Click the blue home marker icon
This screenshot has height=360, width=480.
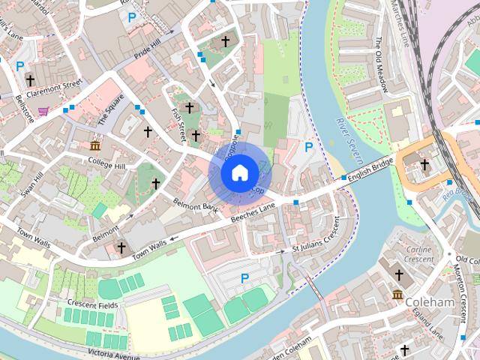click(x=239, y=173)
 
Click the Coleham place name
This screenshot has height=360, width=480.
click(x=430, y=302)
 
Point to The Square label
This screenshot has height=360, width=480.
click(x=111, y=113)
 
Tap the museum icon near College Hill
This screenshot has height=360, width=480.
click(x=94, y=145)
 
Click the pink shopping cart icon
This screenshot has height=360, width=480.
click(x=44, y=112)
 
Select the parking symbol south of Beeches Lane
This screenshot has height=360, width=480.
click(x=244, y=278)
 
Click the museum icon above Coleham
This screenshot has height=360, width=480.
click(x=397, y=295)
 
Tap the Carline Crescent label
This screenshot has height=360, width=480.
click(x=418, y=254)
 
